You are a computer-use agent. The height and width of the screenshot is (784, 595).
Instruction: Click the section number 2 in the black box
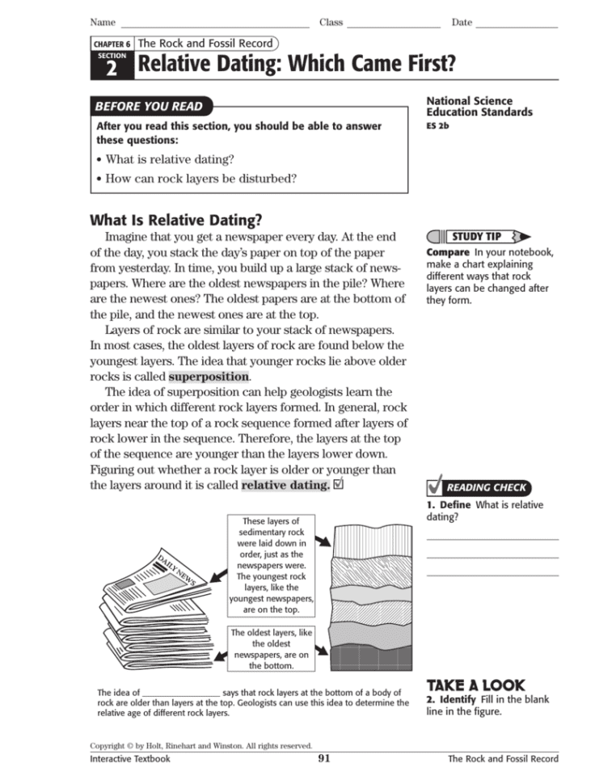(112, 69)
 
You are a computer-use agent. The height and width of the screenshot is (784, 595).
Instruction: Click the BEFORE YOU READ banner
(149, 106)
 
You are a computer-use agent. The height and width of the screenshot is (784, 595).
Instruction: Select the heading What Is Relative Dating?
(176, 220)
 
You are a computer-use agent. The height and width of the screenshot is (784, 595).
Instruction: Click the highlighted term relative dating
(285, 486)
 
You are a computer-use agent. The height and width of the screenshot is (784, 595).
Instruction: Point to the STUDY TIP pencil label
(477, 237)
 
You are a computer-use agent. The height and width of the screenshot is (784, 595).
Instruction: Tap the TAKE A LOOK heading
(475, 684)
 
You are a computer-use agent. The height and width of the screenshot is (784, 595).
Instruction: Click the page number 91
(324, 758)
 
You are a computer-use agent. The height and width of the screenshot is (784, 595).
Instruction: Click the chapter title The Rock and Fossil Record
(205, 43)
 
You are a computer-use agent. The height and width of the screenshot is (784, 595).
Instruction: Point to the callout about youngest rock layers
(271, 566)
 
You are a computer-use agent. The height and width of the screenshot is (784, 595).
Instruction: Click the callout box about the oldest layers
(271, 649)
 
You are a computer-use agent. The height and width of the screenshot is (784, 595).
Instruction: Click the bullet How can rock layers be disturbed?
(200, 178)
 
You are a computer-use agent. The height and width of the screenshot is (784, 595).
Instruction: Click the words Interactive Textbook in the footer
(130, 759)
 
